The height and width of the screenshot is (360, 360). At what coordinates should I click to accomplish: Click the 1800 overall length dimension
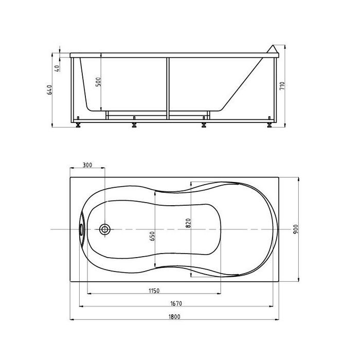174,317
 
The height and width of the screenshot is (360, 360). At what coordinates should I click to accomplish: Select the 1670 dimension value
176,303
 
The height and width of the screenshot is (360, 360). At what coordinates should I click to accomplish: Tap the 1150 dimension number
154,291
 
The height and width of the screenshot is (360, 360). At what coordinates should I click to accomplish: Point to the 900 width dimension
296,229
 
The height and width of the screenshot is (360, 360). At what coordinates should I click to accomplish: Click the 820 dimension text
188,223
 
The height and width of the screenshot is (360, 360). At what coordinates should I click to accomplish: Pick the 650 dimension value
152,236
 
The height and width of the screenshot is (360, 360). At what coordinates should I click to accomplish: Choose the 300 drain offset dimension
87,165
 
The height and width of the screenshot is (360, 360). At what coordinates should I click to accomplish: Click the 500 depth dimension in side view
98,82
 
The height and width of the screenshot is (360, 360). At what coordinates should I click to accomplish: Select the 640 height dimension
49,89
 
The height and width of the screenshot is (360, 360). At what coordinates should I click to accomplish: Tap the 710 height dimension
282,86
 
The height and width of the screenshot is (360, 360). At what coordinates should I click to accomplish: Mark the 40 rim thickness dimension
58,68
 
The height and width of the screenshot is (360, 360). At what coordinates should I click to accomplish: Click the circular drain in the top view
105,229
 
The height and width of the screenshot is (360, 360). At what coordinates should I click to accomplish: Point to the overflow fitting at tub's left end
82,229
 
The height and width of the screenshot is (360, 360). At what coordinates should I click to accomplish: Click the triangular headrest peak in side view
273,45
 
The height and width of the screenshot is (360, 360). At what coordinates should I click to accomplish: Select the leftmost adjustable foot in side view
78,123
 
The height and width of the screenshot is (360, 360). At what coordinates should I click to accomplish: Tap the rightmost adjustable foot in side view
269,123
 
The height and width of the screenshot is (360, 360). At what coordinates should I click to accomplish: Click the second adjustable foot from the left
134,123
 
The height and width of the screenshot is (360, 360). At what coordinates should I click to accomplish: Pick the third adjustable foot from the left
204,123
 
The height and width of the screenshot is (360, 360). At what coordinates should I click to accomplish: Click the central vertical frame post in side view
168,88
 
